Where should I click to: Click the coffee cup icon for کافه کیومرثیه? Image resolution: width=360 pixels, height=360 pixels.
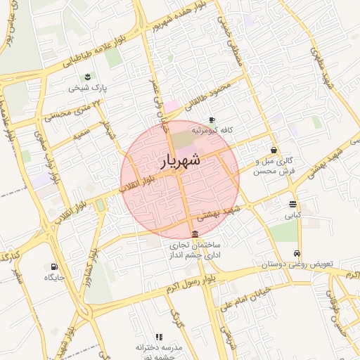tap(211, 120)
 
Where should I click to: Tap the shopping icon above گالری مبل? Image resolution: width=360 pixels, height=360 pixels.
tap(274, 149)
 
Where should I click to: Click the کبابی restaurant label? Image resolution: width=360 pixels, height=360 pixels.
tap(292, 214)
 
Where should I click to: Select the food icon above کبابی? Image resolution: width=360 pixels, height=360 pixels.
tap(292, 203)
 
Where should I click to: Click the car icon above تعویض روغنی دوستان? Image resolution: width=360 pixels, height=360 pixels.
tap(297, 253)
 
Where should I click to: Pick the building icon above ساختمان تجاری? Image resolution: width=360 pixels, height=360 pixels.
tap(195, 234)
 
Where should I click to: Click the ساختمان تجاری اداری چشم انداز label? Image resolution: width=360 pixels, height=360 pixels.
tap(195, 251)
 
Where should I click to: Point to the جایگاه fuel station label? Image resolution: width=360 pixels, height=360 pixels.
tap(54, 278)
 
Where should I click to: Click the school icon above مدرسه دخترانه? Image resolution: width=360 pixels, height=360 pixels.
tap(159, 337)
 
